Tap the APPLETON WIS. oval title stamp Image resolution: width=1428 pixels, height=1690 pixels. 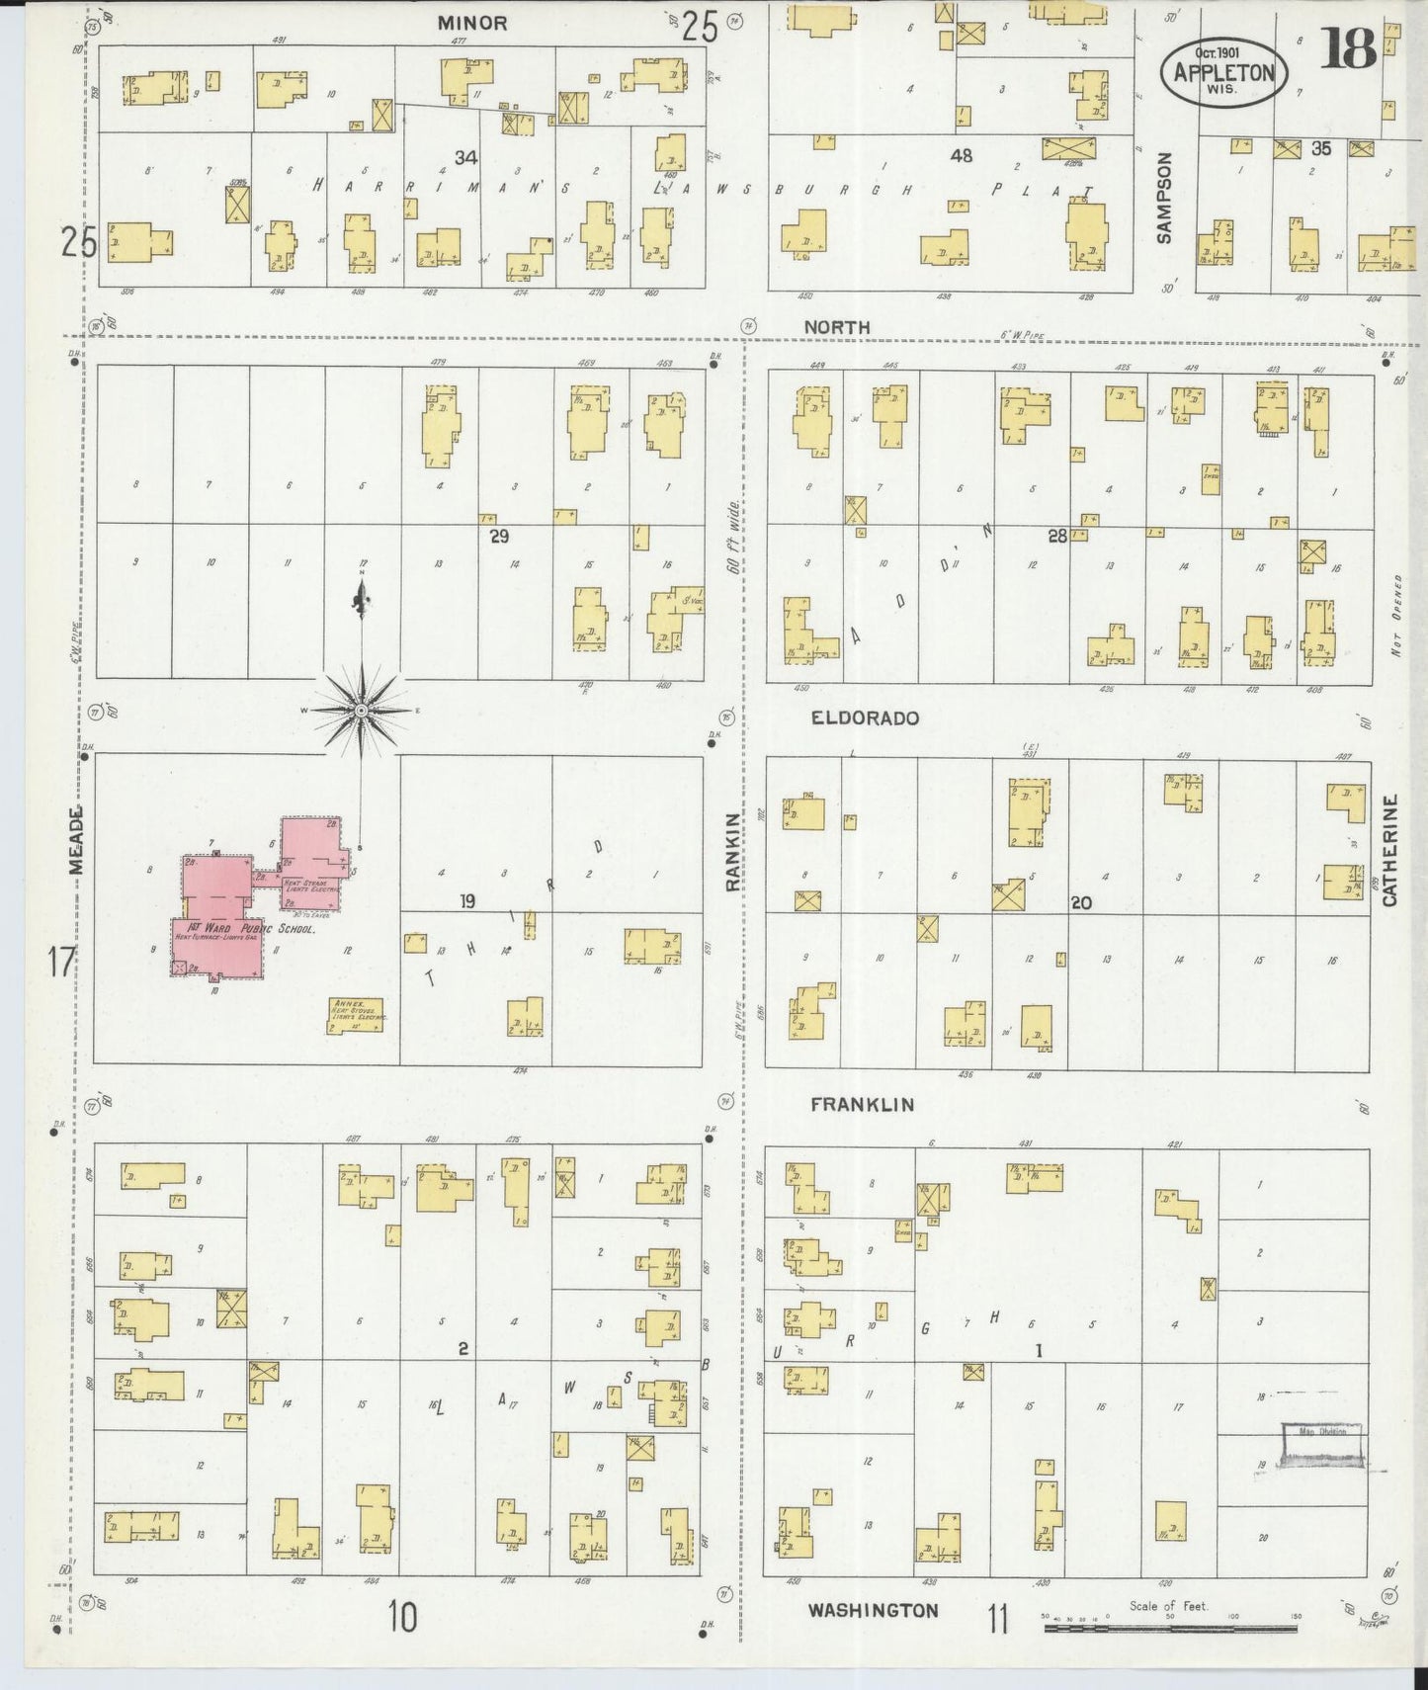(1223, 71)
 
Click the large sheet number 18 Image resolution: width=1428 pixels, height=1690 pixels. (1348, 48)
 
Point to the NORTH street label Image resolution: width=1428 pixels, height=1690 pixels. (836, 327)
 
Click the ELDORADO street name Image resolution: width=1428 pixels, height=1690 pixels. (865, 718)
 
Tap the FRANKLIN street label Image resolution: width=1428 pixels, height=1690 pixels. (862, 1105)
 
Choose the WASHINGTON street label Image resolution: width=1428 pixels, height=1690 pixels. (873, 1610)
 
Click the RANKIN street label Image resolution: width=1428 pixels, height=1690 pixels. (732, 853)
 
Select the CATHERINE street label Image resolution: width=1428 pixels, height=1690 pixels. (1389, 851)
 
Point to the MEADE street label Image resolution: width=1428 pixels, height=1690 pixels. (76, 841)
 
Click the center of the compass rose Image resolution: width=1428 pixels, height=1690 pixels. (362, 711)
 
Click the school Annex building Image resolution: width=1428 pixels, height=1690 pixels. (356, 1015)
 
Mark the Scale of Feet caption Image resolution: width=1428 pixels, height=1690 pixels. (1168, 1606)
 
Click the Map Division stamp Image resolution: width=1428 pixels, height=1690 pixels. (1322, 1445)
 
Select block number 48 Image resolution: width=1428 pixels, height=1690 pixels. (961, 155)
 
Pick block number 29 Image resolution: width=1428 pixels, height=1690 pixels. (499, 536)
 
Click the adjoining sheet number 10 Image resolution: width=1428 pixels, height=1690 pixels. (402, 1618)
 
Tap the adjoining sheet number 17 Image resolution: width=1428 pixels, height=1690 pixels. (61, 961)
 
